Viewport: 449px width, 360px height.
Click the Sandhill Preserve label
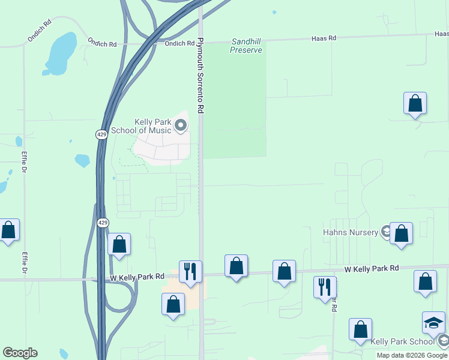pos(246,46)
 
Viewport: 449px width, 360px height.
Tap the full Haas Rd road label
pos(324,38)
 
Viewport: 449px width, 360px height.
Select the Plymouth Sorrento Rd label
pos(201,76)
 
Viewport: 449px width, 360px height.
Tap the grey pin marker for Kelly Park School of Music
pos(181,125)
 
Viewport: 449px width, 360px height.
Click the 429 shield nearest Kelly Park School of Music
pos(101,135)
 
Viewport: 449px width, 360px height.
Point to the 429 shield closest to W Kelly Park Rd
pos(103,222)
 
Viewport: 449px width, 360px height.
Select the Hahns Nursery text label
pos(350,232)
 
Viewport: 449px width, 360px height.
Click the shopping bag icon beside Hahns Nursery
pos(401,235)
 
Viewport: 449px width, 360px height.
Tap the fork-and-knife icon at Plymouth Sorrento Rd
pos(190,272)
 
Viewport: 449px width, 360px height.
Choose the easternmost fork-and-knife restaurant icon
pos(325,287)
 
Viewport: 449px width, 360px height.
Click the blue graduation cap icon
pos(433,323)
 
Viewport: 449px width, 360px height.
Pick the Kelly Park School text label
pos(402,341)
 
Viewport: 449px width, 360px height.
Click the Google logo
pos(20,353)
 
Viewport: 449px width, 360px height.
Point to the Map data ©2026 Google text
pos(412,355)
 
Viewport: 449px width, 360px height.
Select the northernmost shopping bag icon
pos(415,103)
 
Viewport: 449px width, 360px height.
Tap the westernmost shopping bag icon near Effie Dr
pos(8,230)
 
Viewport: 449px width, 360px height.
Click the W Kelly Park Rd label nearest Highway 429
pos(137,277)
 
